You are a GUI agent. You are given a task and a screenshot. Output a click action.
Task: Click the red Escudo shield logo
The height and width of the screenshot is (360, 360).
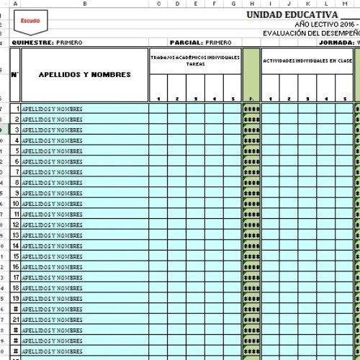pyautogui.click(x=30, y=22)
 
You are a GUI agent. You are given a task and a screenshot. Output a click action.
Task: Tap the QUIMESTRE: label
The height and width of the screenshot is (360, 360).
pyautogui.click(x=32, y=42)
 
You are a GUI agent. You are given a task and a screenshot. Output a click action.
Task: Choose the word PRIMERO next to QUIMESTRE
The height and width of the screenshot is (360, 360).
pyautogui.click(x=69, y=42)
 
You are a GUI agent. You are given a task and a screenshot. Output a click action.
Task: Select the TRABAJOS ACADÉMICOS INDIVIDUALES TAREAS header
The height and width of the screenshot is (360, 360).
pyautogui.click(x=195, y=60)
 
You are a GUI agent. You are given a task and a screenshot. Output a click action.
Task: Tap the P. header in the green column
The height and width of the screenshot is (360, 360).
pyautogui.click(x=251, y=99)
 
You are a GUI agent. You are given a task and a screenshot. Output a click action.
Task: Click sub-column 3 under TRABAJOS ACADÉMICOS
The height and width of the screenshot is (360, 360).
pyautogui.click(x=195, y=99)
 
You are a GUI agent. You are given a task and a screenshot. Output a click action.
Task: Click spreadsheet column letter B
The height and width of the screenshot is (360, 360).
pyautogui.click(x=84, y=4)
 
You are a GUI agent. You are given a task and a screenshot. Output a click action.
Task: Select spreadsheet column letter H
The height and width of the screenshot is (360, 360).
pyautogui.click(x=251, y=4)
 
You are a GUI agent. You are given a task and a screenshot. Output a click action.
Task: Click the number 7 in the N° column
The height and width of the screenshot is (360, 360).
pyautogui.click(x=16, y=172)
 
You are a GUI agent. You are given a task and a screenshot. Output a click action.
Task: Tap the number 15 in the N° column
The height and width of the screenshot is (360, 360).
pyautogui.click(x=15, y=256)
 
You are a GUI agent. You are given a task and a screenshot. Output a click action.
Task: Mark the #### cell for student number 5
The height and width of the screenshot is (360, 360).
pyautogui.click(x=251, y=151)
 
